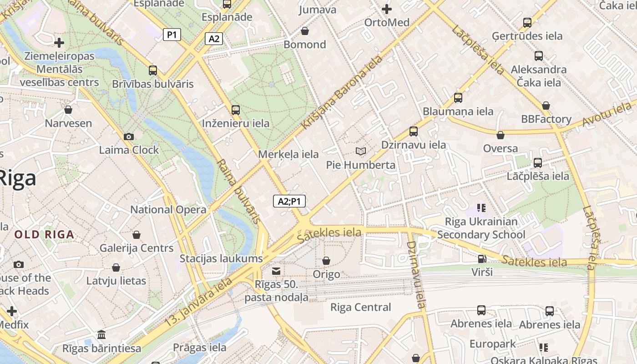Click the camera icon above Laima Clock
(129, 136)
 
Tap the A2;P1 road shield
(289, 201)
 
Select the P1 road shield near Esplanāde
(172, 35)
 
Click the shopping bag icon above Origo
(326, 261)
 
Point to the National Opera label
(168, 210)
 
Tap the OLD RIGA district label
(44, 235)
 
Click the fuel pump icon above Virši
(481, 259)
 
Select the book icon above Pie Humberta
(361, 151)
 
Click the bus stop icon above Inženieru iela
(235, 110)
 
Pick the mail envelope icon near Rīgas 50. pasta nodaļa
(276, 271)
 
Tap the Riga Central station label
(360, 307)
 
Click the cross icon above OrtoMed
(386, 9)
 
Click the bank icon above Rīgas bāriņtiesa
(101, 335)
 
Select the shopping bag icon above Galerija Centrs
(136, 235)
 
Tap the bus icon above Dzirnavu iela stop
(413, 131)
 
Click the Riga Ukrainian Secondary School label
(481, 228)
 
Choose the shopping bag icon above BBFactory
(546, 106)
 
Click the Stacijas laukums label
(221, 259)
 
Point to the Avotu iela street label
(608, 115)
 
